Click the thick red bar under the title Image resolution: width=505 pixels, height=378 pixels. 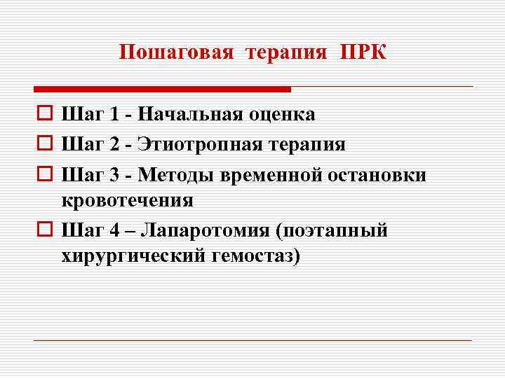click(162, 89)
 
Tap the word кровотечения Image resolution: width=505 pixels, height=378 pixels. click(127, 200)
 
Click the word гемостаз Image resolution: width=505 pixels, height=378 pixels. click(254, 256)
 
